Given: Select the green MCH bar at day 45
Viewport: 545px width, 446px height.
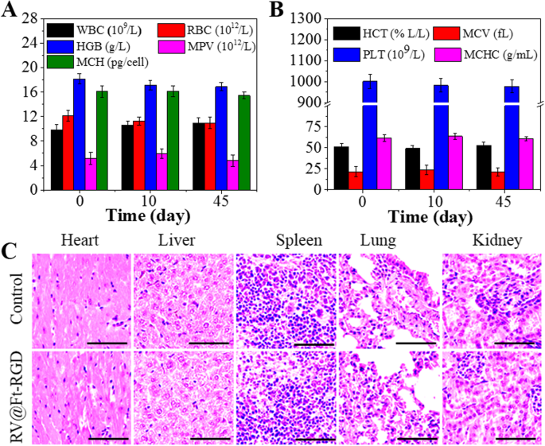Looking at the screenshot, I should coord(243,142).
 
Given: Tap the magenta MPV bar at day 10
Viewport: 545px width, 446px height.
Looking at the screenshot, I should coord(162,172).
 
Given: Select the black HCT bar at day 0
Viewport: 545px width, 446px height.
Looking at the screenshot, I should coord(341,169).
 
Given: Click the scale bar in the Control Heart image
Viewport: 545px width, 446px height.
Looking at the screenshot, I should coord(105,343).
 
